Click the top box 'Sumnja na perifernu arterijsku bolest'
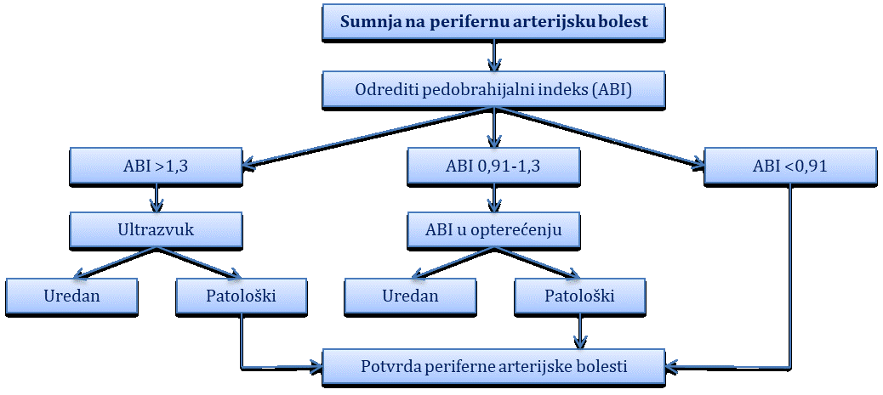pos(494,22)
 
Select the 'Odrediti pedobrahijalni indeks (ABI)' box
pos(494,91)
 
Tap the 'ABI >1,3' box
pos(157,167)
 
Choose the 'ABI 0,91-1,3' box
pos(494,167)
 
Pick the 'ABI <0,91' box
pos(790,167)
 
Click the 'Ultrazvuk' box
pos(157,231)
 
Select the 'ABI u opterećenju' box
pos(494,231)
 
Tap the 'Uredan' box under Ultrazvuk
pos(72,296)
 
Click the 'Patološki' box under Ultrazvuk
pos(242,296)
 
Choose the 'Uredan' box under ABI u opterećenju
pos(410,296)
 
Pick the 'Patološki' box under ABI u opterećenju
pos(579,296)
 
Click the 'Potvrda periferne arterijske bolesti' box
pos(494,368)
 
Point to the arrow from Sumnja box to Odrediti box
pos(494,56)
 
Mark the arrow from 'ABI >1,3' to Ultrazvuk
pos(157,199)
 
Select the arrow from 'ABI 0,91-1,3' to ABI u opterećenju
pos(494,199)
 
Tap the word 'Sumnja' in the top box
pos(364,22)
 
